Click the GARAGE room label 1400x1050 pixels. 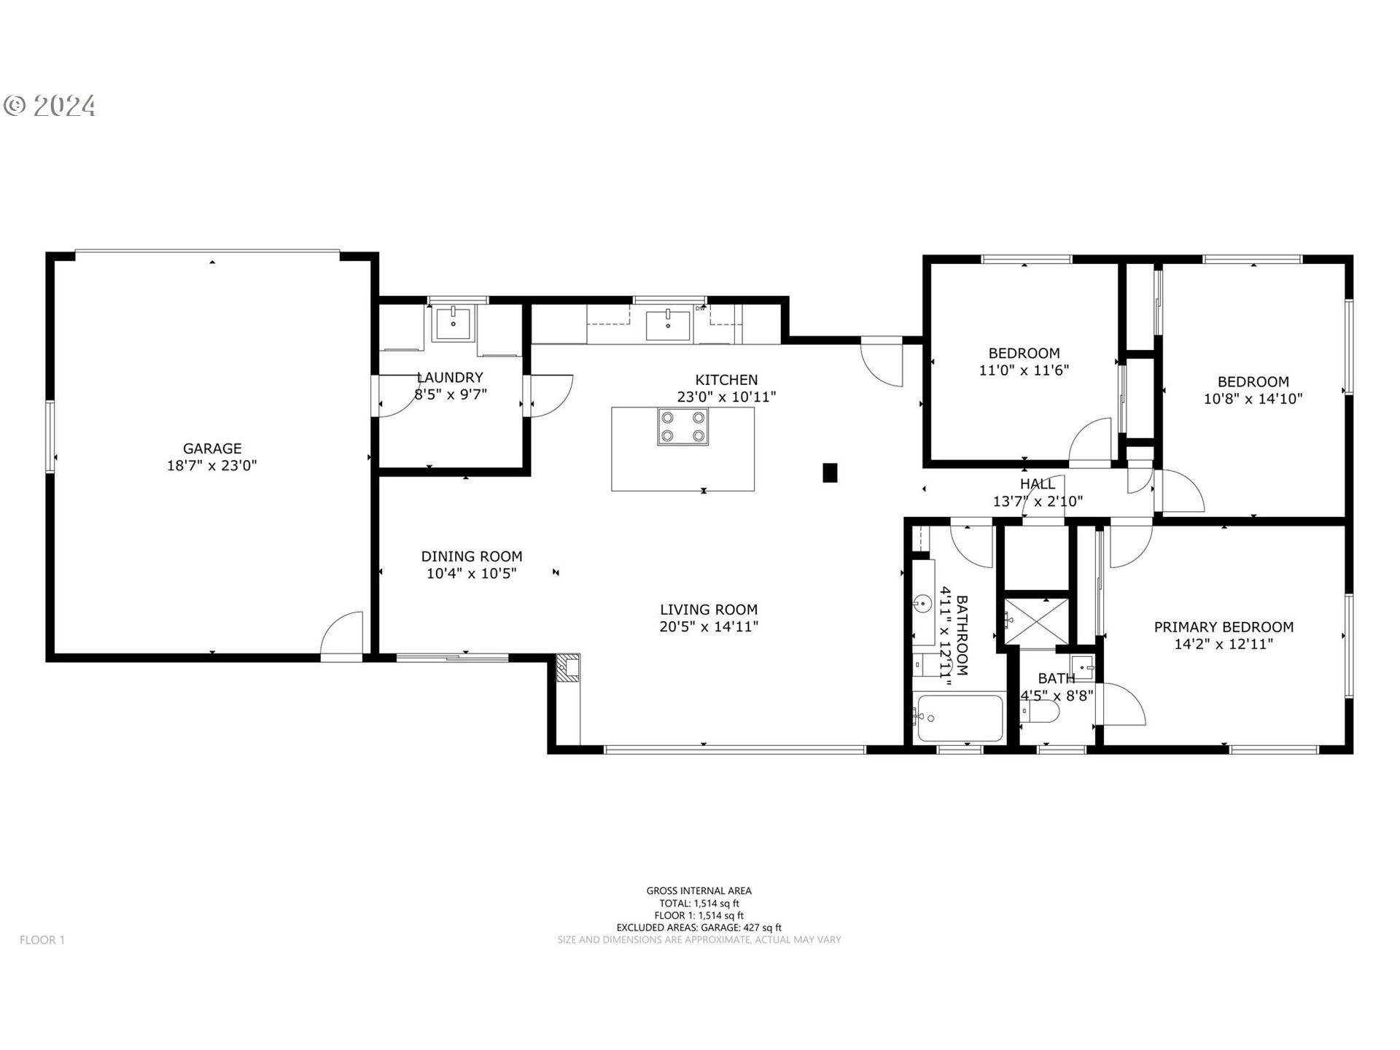click(x=211, y=448)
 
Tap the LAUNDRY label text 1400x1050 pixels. click(x=450, y=378)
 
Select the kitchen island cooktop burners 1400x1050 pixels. click(x=682, y=427)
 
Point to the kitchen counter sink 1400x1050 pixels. click(x=668, y=324)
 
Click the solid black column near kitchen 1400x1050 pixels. click(x=829, y=472)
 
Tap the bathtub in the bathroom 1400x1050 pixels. click(x=959, y=718)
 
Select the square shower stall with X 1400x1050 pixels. click(x=1035, y=621)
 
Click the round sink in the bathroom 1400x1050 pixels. click(x=922, y=604)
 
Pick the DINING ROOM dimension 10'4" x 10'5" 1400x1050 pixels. click(x=472, y=574)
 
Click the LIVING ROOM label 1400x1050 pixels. click(x=709, y=610)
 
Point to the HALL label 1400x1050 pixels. click(x=1037, y=484)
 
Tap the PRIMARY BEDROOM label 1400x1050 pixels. click(x=1224, y=627)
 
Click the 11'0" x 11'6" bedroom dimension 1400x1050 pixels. click(x=1024, y=370)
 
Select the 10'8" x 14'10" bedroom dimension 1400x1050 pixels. click(x=1253, y=400)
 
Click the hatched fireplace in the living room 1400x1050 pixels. click(x=568, y=667)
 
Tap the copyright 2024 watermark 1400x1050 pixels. click(x=50, y=106)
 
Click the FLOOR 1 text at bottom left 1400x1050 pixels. click(x=42, y=940)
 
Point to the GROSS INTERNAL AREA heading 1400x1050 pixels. click(x=699, y=890)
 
